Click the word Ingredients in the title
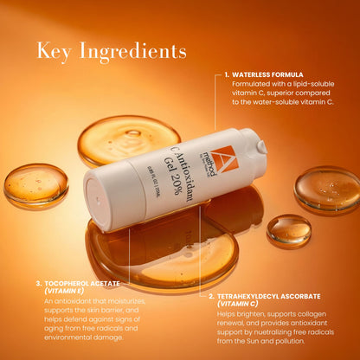(x=132, y=53)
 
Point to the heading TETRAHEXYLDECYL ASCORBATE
(x=273, y=295)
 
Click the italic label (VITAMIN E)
(x=63, y=292)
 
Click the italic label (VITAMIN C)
(x=241, y=304)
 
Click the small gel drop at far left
(x=35, y=184)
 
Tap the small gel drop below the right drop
(x=289, y=229)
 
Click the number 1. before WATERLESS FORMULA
(x=226, y=74)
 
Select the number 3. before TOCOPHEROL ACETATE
(x=39, y=283)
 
